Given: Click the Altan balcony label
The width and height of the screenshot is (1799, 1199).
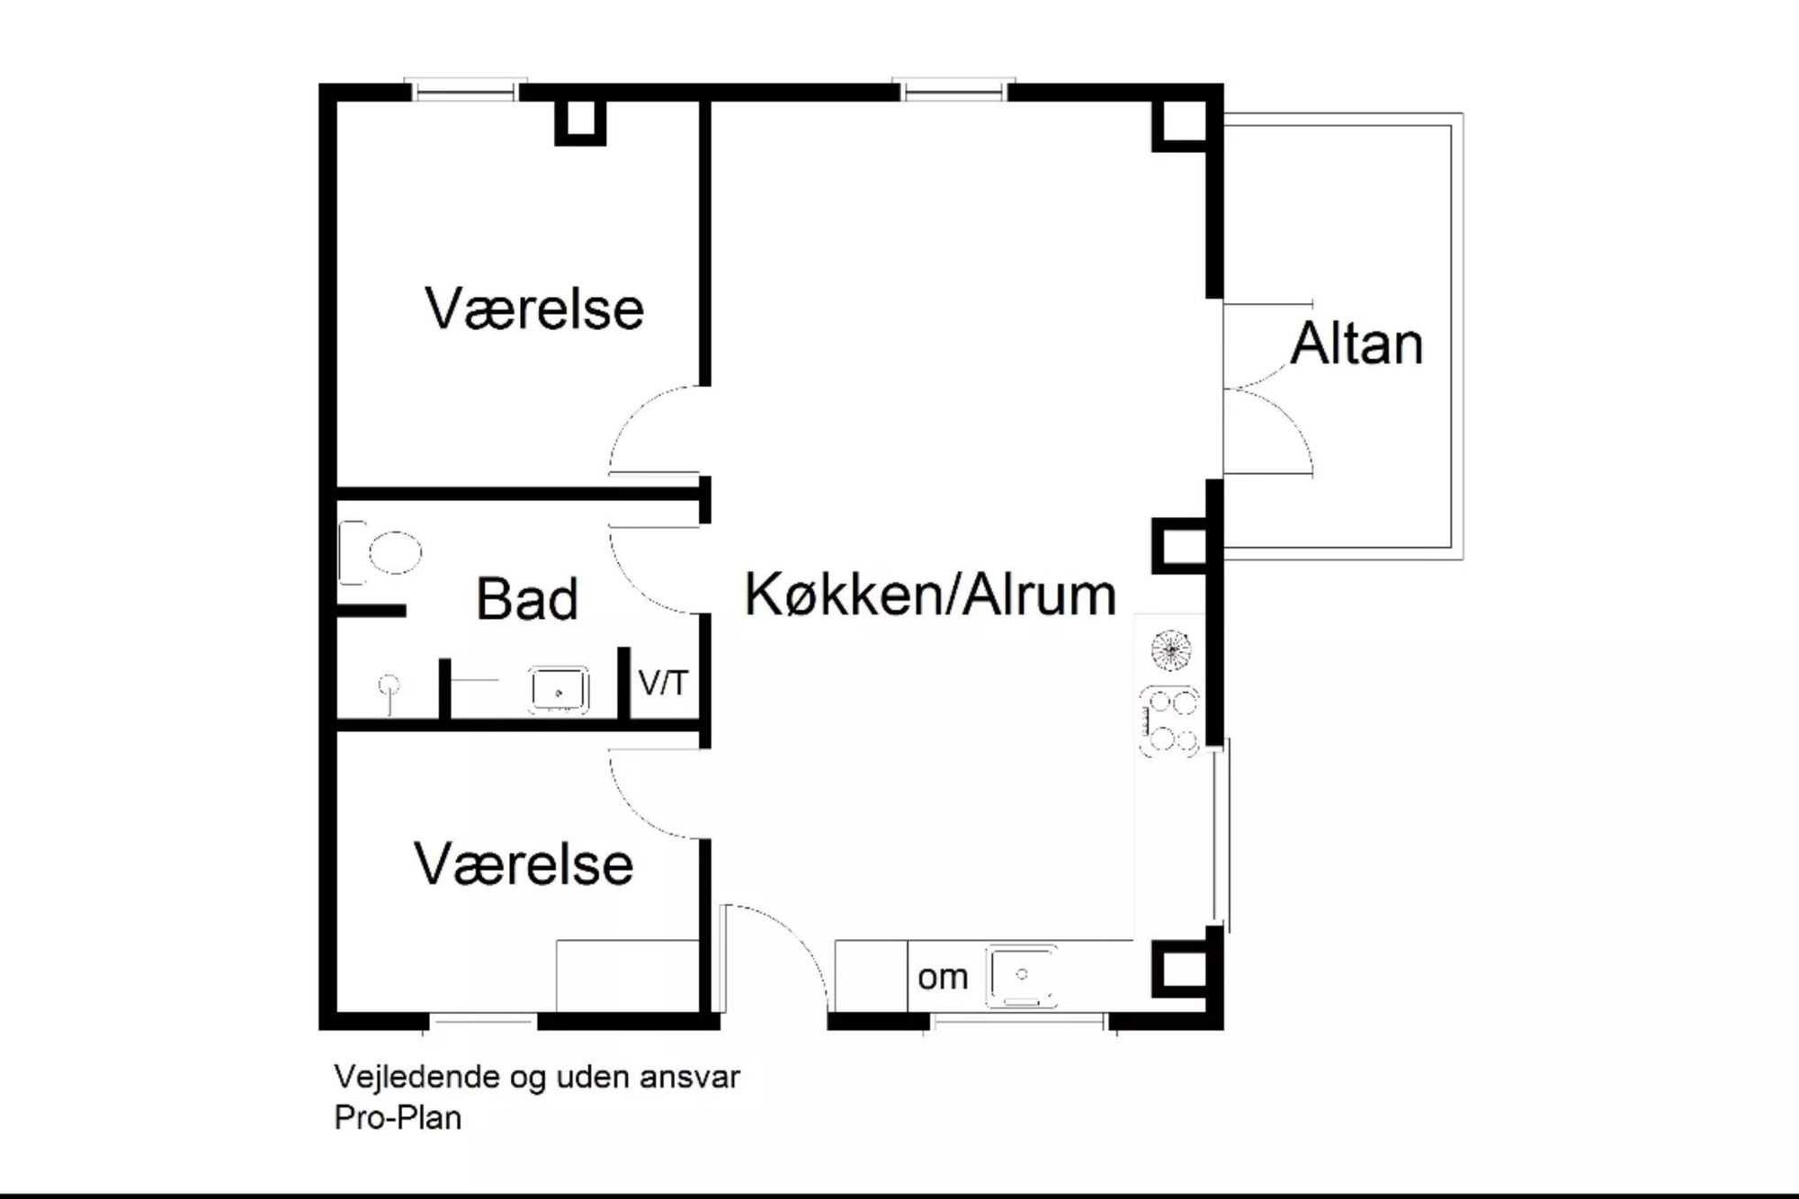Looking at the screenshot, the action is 1357,344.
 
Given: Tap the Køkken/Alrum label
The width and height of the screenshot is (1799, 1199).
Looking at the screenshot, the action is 931,595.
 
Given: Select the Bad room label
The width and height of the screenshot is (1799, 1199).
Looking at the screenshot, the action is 527,599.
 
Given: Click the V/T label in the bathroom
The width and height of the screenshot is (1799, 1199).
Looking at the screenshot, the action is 663,684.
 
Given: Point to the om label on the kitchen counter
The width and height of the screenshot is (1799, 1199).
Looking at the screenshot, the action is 943,978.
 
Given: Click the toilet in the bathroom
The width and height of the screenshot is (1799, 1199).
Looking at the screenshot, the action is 381,552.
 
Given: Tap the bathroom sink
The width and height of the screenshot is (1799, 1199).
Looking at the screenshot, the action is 559,690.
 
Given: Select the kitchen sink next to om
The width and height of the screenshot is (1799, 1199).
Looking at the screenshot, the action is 1022,975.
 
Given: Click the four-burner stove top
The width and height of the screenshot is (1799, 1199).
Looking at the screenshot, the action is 1169,720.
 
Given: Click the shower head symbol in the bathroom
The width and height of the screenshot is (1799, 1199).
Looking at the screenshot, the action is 389,687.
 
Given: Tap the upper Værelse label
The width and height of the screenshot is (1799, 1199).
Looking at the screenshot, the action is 534,309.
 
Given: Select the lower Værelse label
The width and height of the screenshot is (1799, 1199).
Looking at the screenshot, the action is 524,865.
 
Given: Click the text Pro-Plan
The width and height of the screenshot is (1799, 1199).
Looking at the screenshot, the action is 398,1118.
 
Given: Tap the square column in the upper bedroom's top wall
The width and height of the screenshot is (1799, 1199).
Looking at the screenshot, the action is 580,120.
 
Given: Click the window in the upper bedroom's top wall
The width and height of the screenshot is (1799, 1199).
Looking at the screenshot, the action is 465,90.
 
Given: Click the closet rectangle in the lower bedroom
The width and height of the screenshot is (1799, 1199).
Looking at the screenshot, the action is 628,976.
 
